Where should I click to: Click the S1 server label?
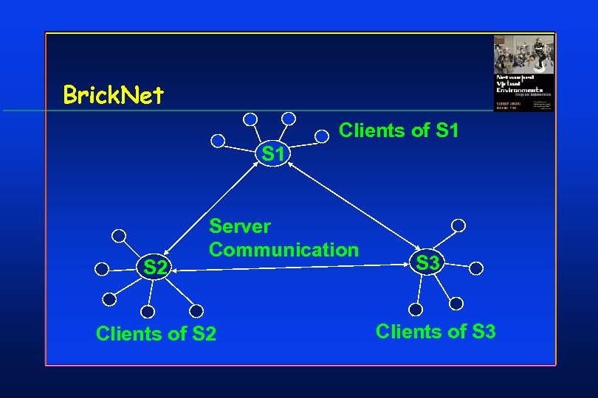tap(273, 154)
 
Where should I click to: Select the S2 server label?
tap(154, 267)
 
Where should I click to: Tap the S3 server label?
tap(427, 262)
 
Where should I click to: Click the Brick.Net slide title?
tap(114, 95)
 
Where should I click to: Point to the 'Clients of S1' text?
tap(399, 131)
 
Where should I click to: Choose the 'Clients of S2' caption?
tap(156, 334)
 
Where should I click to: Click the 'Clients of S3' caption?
tap(436, 332)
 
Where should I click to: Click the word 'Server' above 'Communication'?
tap(240, 226)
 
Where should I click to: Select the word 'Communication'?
tap(284, 250)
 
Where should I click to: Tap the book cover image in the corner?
tap(523, 73)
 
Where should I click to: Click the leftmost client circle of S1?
tap(218, 141)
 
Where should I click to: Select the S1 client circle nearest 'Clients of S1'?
tap(322, 136)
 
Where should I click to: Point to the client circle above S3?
tap(458, 225)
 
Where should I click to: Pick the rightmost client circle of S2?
tap(196, 311)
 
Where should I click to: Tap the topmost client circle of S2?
tap(119, 236)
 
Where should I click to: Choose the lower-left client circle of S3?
tap(416, 309)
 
